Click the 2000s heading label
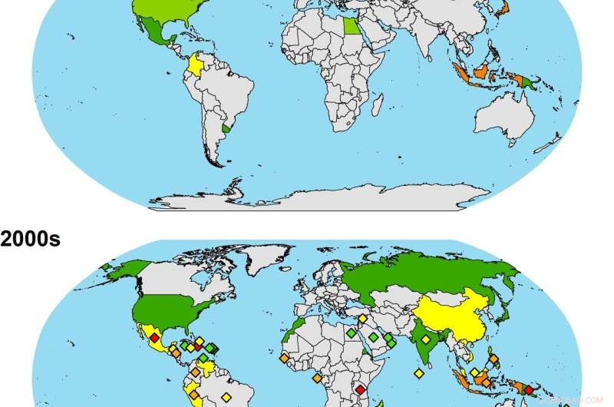30,239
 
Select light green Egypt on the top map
350,26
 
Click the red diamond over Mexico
154,338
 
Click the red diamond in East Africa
360,390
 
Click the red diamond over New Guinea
528,390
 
